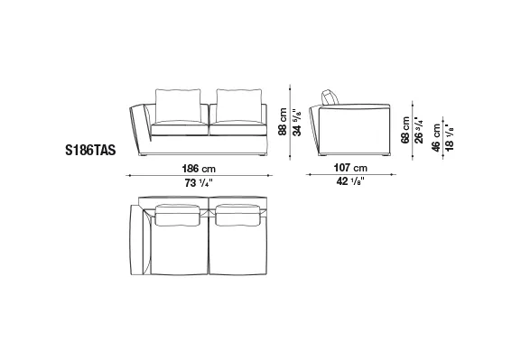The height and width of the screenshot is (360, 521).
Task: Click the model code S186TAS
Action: click(90, 150)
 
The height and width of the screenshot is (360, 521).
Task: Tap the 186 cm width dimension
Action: click(199, 169)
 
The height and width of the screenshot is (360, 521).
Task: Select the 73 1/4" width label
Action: click(199, 182)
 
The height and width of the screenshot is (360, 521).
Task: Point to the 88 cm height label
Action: click(283, 121)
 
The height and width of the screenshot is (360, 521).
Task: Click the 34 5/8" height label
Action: click(298, 122)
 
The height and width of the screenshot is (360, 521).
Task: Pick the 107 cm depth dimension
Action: click(350, 168)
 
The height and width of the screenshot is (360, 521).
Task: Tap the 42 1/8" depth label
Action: click(350, 181)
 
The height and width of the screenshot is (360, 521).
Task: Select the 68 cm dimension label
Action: click(405, 130)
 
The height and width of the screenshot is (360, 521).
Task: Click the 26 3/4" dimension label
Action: click(420, 131)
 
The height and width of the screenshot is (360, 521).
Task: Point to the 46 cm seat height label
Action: click(436, 137)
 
